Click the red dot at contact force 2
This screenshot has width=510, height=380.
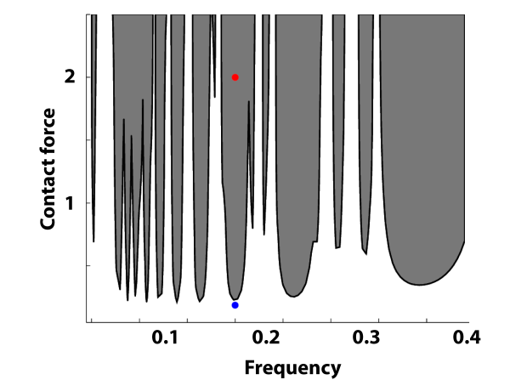pyautogui.click(x=235, y=77)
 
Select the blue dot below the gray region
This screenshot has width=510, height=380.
pyautogui.click(x=235, y=304)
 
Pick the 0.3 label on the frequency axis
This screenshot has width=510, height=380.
pyautogui.click(x=367, y=338)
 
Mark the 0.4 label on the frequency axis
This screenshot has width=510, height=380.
pyautogui.click(x=466, y=338)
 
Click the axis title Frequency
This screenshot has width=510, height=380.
pyautogui.click(x=292, y=367)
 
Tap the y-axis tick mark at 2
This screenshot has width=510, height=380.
pyautogui.click(x=88, y=77)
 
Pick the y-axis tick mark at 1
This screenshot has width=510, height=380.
pyautogui.click(x=88, y=203)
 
